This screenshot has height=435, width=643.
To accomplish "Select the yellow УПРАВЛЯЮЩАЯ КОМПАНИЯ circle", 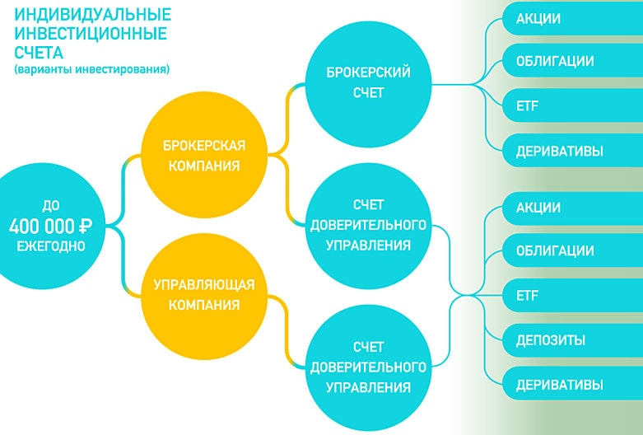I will coord(204,294).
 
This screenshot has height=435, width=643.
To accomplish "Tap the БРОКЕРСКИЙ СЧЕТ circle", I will coord(369,82).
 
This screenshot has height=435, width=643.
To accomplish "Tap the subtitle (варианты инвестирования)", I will coord(91,70).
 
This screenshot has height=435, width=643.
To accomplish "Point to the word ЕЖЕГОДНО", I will coord(51,246).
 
